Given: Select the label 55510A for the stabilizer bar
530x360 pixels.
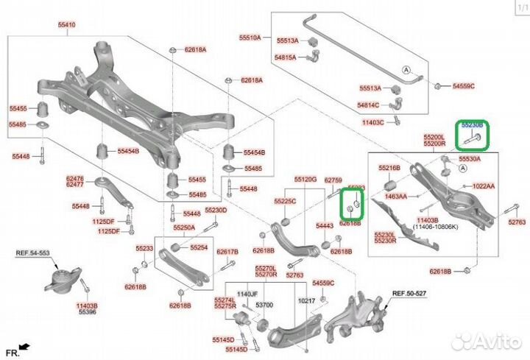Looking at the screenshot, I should [x=250, y=36].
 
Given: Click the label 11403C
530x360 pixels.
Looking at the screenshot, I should [x=373, y=121].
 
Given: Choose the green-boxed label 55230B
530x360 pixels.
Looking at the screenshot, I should [x=473, y=126].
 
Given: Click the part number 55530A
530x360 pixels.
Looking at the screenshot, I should [x=469, y=158].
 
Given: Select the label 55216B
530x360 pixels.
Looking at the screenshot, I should [x=389, y=168].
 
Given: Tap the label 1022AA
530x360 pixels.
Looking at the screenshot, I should [x=484, y=186].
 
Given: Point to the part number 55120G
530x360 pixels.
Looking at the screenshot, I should [x=305, y=179].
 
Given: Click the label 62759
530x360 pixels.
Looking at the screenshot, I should [x=333, y=180].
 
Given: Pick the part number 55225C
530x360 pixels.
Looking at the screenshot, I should [x=285, y=200].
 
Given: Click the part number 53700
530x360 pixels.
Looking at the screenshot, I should [x=264, y=303].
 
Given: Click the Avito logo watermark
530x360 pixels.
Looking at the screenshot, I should [x=485, y=340].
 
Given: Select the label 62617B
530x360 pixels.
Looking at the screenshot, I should [x=228, y=252].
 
